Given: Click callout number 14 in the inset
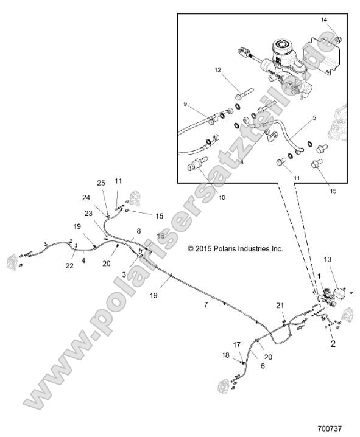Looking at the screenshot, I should (x=324, y=20).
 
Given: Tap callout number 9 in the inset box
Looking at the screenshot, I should (x=185, y=104).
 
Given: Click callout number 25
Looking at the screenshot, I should (x=101, y=183).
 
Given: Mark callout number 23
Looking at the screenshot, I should (x=88, y=213).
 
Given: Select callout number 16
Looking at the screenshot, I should (x=161, y=236).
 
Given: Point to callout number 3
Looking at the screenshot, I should (x=123, y=275).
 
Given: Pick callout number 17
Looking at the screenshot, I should (x=237, y=344).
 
